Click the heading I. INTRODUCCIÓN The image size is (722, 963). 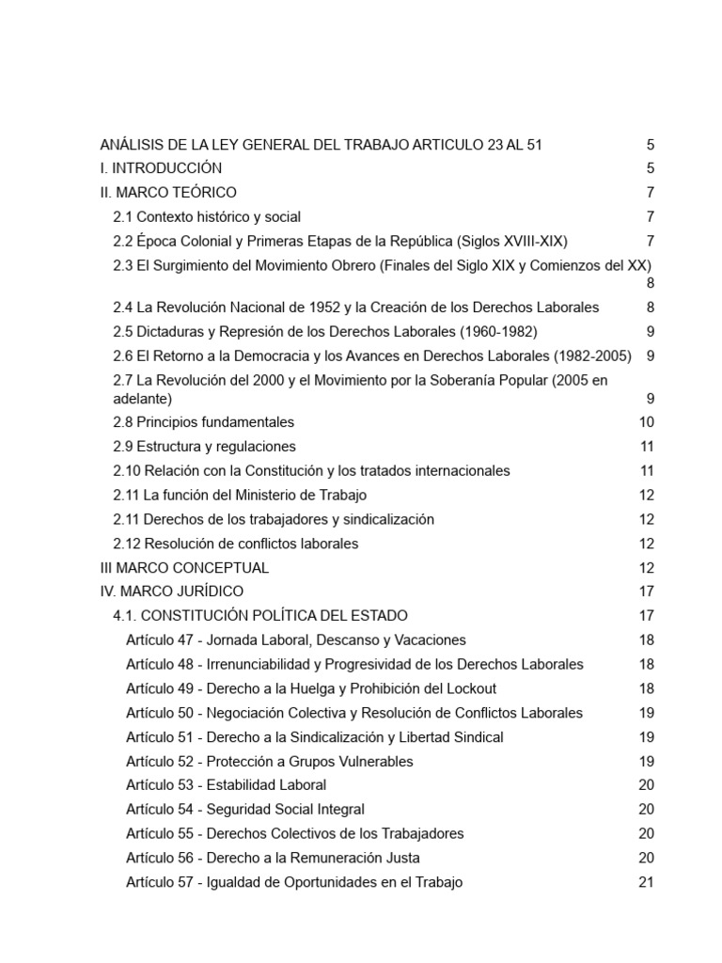coord(161,168)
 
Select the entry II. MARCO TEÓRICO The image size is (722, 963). coord(168,193)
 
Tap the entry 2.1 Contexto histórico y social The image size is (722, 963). coord(207,217)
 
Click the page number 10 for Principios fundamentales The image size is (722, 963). coord(646,422)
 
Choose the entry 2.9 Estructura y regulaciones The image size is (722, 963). coord(204,447)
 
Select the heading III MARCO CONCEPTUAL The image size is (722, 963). coord(184,568)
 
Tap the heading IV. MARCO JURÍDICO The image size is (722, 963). coord(171,592)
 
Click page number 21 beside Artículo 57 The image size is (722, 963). coord(646,882)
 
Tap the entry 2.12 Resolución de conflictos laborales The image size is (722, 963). coord(235,544)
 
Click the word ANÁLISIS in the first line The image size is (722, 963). coord(133,145)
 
